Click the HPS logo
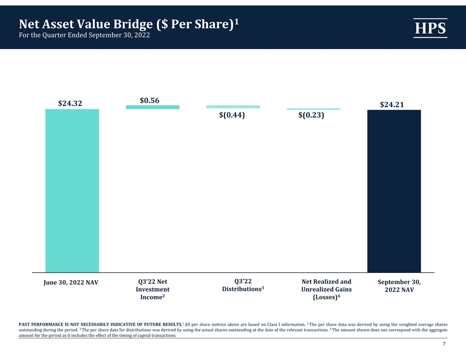click(x=430, y=28)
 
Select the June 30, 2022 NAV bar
click(x=72, y=191)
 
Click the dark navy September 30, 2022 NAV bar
click(x=394, y=191)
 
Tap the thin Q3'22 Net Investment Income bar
click(x=153, y=107)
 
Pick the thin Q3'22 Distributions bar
click(x=233, y=107)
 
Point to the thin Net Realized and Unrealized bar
click(x=314, y=109)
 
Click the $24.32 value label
click(x=70, y=103)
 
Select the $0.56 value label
click(x=150, y=101)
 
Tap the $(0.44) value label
click(x=232, y=115)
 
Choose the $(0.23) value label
click(x=311, y=115)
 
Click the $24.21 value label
click(x=392, y=105)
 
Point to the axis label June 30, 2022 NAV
click(x=71, y=282)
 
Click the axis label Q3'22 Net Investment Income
click(x=153, y=289)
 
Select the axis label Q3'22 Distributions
click(x=243, y=285)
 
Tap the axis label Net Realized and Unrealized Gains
click(x=326, y=289)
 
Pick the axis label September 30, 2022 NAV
click(x=399, y=286)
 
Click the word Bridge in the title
click(x=133, y=24)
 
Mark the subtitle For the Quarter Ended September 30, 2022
click(x=84, y=35)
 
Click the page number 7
click(x=444, y=344)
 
